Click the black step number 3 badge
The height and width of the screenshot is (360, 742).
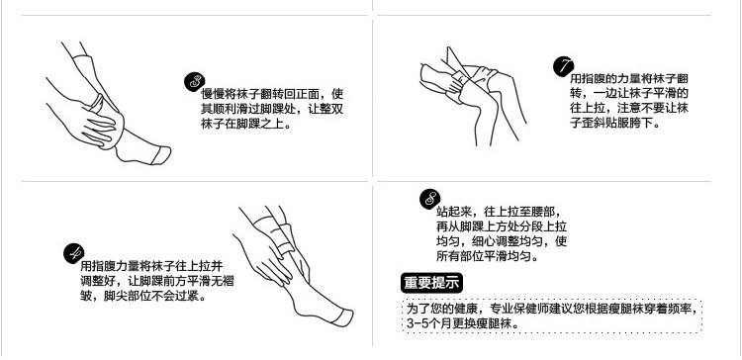click(195, 82)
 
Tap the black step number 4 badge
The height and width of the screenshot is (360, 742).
click(74, 253)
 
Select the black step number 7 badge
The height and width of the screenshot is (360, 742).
click(563, 66)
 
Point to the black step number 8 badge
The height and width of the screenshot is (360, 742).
click(429, 199)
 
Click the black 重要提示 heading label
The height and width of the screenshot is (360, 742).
click(431, 283)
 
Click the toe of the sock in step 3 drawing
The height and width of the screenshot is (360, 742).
click(161, 155)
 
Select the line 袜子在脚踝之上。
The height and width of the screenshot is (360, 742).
click(246, 124)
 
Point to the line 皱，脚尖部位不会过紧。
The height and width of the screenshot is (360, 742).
click(143, 297)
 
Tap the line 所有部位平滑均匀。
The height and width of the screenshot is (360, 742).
click(488, 256)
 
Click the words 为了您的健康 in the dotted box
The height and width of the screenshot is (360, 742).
click(441, 309)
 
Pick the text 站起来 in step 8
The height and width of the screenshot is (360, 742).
click(454, 211)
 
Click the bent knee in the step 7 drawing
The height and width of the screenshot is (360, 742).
click(496, 81)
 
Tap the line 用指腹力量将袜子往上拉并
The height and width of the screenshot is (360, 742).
click(151, 266)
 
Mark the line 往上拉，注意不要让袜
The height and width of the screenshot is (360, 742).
click(629, 109)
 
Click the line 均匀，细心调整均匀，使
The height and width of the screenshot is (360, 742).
click(502, 241)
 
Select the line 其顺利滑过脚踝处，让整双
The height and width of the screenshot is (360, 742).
click(272, 109)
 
